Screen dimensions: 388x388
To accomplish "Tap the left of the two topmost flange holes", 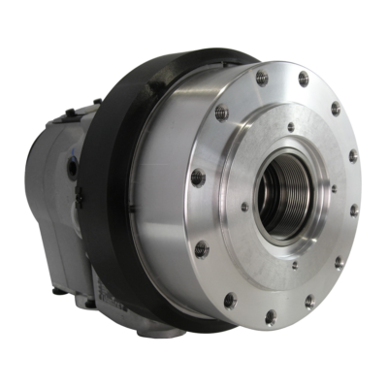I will tap(262, 75).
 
